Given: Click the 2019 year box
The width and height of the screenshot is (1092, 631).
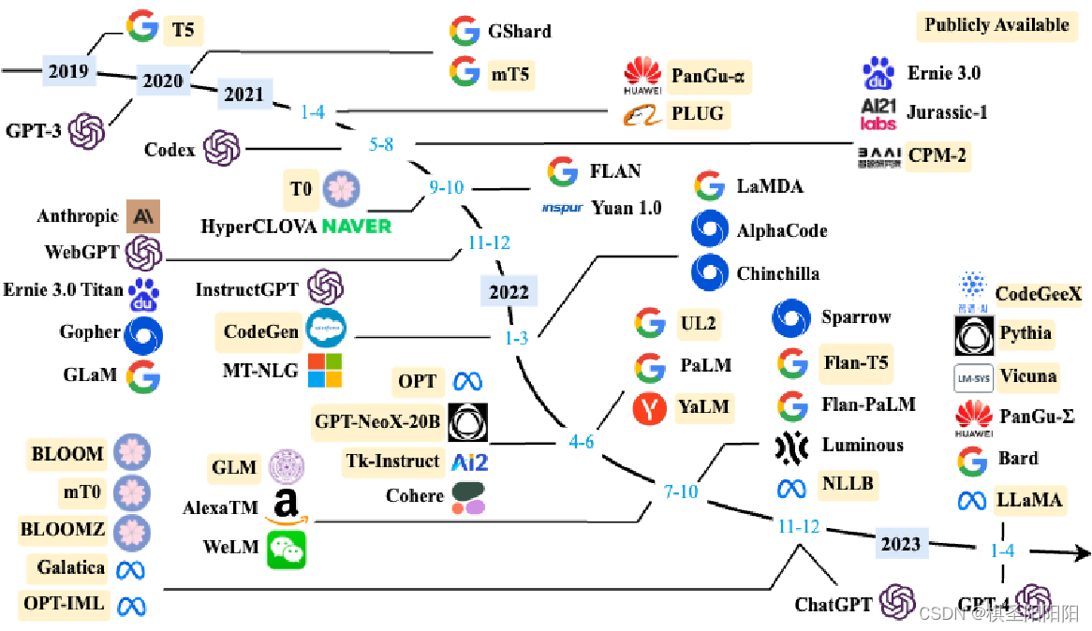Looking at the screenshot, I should click(x=68, y=71).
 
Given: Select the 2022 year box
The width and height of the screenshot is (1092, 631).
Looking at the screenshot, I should click(x=508, y=291).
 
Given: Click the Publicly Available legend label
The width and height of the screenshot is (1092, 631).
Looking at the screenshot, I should click(x=996, y=25).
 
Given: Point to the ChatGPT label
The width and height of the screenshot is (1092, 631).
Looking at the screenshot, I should click(x=833, y=605).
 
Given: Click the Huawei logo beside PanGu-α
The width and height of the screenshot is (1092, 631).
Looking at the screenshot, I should click(x=642, y=75).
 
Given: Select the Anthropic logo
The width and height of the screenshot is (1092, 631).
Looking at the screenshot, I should click(x=144, y=216).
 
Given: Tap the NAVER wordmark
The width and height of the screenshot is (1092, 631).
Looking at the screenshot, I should click(x=356, y=227).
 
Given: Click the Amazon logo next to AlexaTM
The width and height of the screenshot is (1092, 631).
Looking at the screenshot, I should click(x=286, y=506).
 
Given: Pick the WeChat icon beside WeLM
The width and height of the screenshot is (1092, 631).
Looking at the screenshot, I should click(x=287, y=549).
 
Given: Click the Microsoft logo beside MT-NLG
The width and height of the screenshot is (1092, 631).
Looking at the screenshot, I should click(x=325, y=371).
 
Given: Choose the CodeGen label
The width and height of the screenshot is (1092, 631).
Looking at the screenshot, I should click(x=261, y=331).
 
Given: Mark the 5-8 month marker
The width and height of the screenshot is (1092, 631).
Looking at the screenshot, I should click(x=381, y=145).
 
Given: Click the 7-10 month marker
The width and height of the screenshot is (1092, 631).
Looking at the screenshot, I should click(x=681, y=491).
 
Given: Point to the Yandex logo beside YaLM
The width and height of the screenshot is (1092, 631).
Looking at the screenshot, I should click(x=650, y=408).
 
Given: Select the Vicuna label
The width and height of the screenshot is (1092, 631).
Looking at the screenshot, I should click(x=1027, y=376).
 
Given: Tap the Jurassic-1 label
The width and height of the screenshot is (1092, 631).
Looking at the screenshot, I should click(x=948, y=112).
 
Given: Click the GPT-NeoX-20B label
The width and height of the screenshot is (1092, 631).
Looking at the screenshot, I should click(x=377, y=422).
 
